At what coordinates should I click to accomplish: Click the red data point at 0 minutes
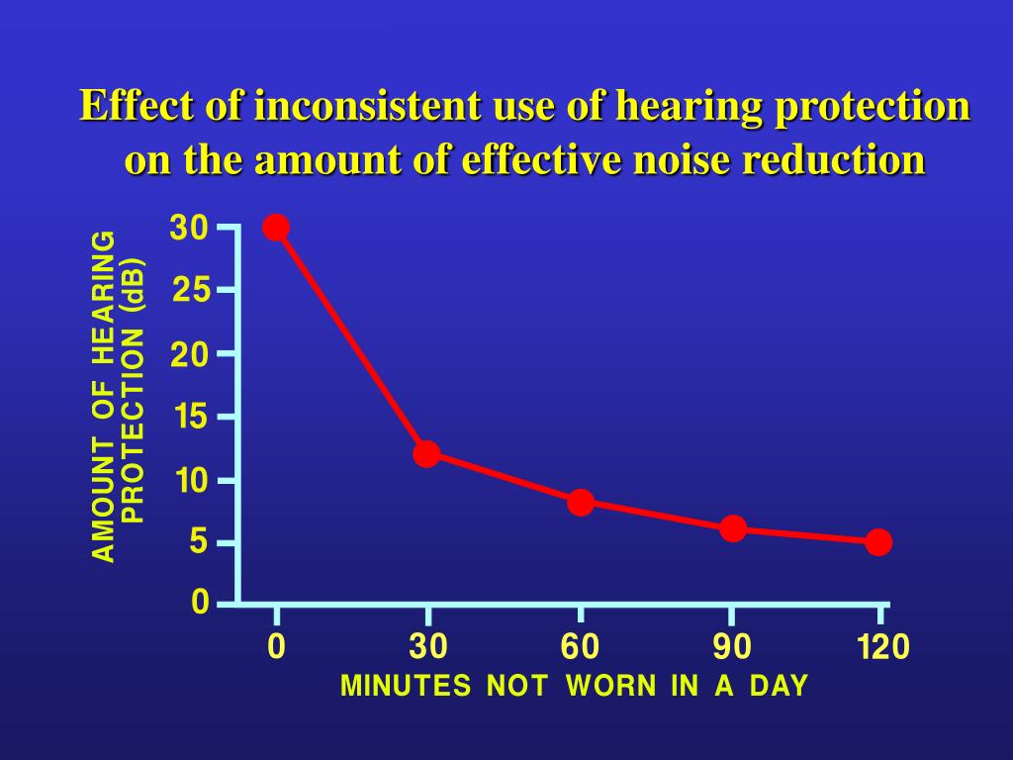click(276, 228)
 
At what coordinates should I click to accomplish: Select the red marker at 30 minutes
click(426, 454)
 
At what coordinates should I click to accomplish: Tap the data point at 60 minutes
click(581, 502)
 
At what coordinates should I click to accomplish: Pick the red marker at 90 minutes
click(733, 528)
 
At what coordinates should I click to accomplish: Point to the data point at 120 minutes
click(878, 542)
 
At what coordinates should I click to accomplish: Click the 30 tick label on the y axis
click(189, 229)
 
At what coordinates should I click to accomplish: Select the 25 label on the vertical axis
click(191, 291)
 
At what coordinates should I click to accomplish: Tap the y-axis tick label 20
click(191, 354)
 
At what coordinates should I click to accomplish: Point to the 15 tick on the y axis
click(191, 418)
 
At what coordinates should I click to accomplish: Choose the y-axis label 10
click(191, 481)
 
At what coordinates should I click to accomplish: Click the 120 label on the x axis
click(882, 648)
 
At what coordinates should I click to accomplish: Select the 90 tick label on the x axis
click(732, 648)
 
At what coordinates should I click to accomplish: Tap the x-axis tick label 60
click(580, 648)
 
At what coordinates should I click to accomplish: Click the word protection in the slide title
click(872, 106)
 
